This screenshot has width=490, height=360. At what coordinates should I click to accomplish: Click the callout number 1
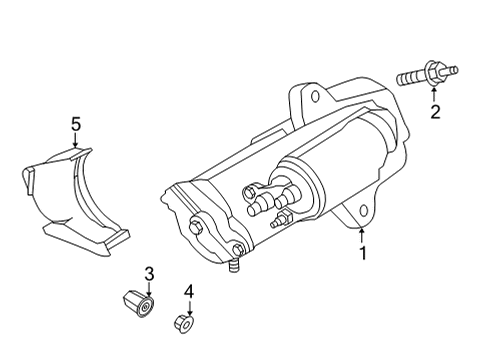point(363,253)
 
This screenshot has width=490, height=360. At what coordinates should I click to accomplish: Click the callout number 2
point(435,111)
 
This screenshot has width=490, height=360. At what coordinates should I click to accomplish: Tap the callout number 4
point(187,291)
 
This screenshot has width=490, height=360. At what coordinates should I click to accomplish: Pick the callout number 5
point(74,125)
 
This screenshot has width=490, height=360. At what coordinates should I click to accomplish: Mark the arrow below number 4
point(187,307)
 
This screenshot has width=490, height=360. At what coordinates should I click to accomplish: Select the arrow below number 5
point(75,142)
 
